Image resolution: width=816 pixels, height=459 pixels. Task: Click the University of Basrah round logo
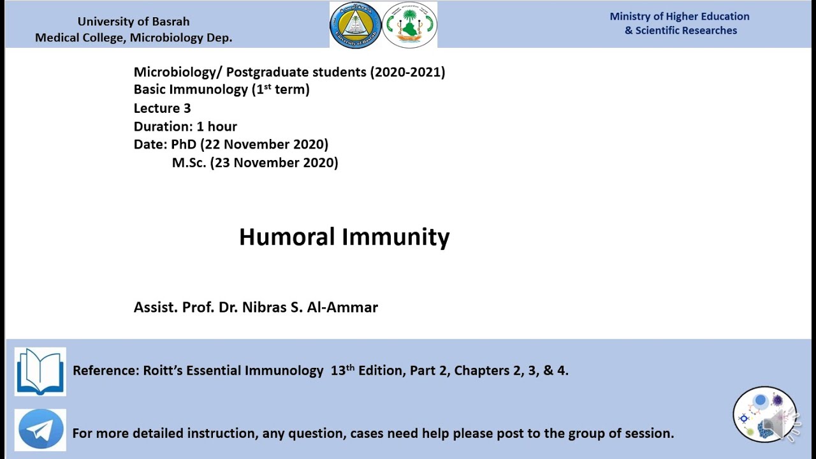tap(355, 25)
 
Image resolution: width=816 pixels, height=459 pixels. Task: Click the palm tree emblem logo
tap(409, 25)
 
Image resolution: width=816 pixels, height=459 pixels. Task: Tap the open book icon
tap(40, 371)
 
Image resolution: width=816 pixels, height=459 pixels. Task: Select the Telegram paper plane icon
tap(41, 430)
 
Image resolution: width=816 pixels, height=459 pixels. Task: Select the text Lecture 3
tap(162, 108)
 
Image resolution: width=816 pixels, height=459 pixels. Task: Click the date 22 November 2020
tap(264, 145)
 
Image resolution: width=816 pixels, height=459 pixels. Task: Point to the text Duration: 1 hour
tap(185, 126)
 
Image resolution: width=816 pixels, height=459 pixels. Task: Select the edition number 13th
tap(342, 370)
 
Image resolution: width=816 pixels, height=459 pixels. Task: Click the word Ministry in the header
tap(631, 17)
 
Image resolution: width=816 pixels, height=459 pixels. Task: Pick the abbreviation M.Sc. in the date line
tap(189, 163)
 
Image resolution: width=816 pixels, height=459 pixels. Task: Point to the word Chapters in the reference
tap(481, 370)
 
